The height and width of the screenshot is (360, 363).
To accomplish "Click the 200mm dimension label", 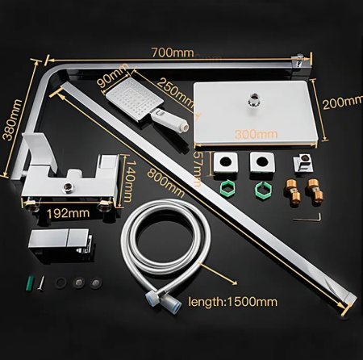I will [x=341, y=102].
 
